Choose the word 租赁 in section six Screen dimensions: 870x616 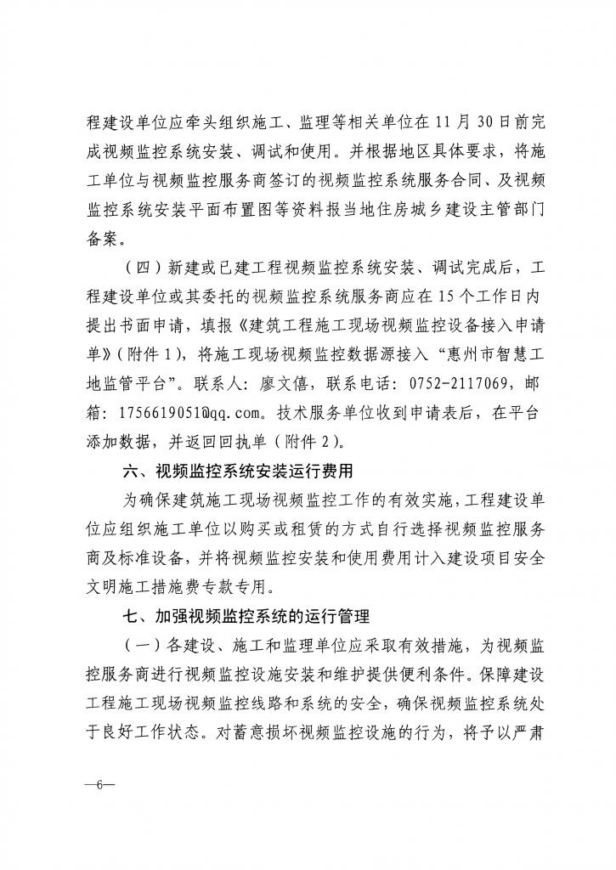[x=315, y=527]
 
